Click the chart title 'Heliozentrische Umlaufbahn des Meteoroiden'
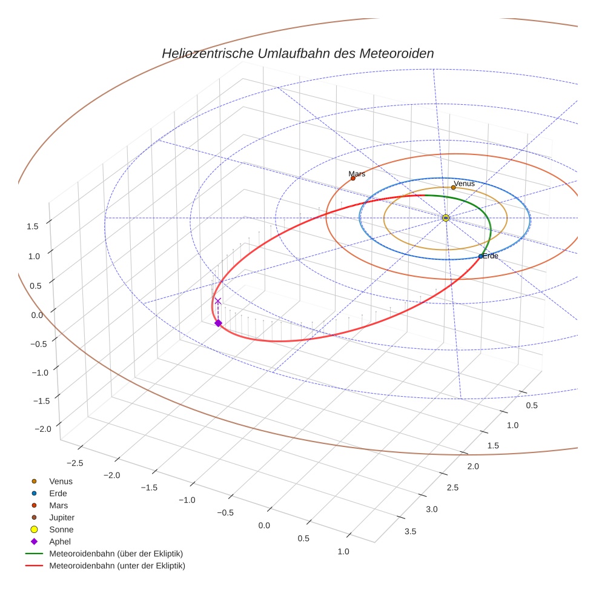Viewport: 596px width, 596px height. click(297, 53)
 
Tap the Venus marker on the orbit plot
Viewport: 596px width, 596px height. click(453, 187)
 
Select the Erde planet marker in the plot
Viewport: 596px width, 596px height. click(480, 256)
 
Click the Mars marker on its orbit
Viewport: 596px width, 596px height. click(353, 178)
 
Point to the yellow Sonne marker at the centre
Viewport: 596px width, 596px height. click(445, 217)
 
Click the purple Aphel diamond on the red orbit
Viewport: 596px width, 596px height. click(218, 323)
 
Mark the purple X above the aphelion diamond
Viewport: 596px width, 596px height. click(218, 301)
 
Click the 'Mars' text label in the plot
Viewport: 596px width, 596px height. click(357, 174)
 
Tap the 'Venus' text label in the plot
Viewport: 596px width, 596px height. click(464, 183)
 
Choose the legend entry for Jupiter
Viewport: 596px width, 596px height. click(61, 517)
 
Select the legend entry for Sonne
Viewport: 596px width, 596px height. click(61, 529)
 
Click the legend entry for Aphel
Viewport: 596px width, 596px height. click(59, 541)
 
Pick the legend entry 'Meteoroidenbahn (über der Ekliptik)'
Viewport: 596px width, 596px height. click(116, 554)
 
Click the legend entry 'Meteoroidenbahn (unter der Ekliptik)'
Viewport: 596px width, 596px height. click(117, 566)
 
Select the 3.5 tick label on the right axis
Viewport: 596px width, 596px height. click(410, 531)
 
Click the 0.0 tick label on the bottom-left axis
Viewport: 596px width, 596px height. click(264, 525)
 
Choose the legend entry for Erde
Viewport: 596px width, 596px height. click(58, 493)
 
